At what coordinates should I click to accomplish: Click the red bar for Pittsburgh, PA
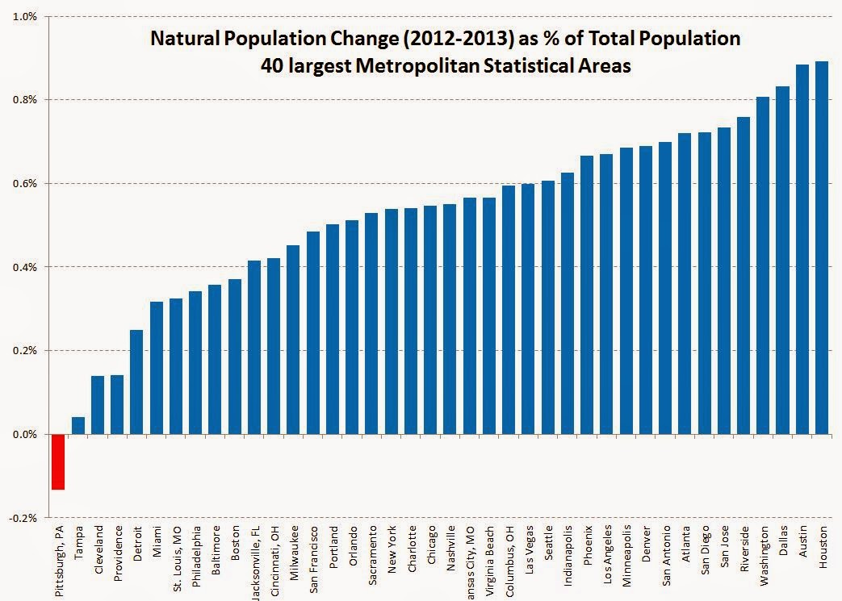click(x=58, y=461)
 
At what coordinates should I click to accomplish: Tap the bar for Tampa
click(x=77, y=425)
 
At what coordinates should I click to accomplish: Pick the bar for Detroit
click(x=136, y=382)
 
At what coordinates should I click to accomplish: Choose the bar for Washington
click(x=762, y=265)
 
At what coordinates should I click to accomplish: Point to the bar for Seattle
click(x=548, y=307)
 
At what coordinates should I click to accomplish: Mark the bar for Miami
click(x=156, y=368)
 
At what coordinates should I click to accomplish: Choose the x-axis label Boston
click(x=235, y=543)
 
